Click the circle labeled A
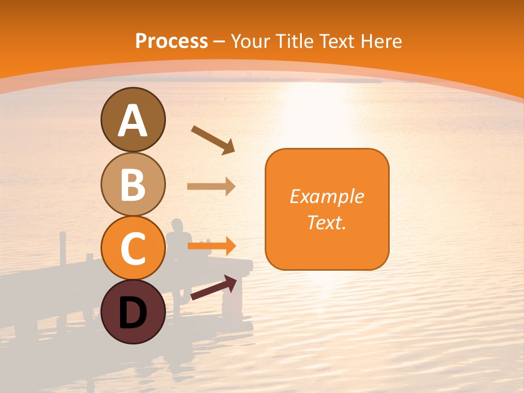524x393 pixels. pos(133,120)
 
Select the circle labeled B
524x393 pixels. pos(133,184)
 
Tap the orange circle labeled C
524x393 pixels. pos(133,248)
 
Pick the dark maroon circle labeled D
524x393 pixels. pos(133,312)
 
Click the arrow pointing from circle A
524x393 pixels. pos(213,140)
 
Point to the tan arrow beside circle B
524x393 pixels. pos(211,187)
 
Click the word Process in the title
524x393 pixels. pos(171,41)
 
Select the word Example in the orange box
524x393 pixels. pos(326,196)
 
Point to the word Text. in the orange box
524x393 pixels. pos(326,222)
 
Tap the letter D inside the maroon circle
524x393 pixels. pos(133,313)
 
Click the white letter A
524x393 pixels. pos(133,121)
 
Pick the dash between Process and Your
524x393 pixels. pos(219,42)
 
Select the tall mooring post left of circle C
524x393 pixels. pos(63,248)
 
